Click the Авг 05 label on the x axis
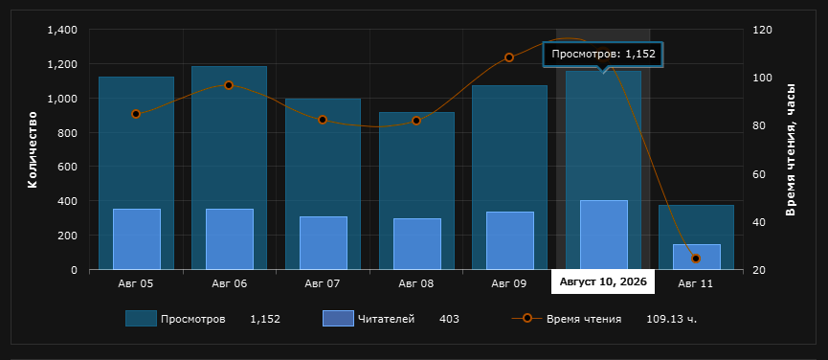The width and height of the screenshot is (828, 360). click(136, 283)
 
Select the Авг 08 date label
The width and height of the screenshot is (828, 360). click(416, 283)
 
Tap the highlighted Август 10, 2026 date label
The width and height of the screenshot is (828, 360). click(603, 281)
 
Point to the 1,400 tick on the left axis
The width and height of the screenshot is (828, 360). click(62, 30)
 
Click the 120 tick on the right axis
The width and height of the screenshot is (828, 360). click(761, 30)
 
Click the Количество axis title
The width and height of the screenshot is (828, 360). click(33, 149)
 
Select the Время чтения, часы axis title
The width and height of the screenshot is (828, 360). click(790, 149)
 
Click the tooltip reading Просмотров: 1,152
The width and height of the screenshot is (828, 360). click(603, 54)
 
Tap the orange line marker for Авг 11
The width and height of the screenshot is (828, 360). click(696, 259)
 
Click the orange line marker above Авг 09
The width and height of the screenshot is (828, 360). click(509, 57)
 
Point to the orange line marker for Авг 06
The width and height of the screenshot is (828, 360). click(229, 85)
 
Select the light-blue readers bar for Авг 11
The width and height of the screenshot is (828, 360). click(697, 257)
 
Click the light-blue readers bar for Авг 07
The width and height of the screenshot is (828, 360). click(324, 243)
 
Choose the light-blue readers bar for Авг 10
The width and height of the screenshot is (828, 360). click(604, 235)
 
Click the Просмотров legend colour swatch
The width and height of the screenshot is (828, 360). click(141, 318)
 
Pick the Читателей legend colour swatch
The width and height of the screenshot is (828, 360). click(338, 318)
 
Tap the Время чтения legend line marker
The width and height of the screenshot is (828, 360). click(526, 318)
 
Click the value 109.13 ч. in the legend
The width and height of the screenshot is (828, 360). click(672, 319)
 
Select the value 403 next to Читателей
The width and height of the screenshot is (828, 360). click(449, 319)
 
